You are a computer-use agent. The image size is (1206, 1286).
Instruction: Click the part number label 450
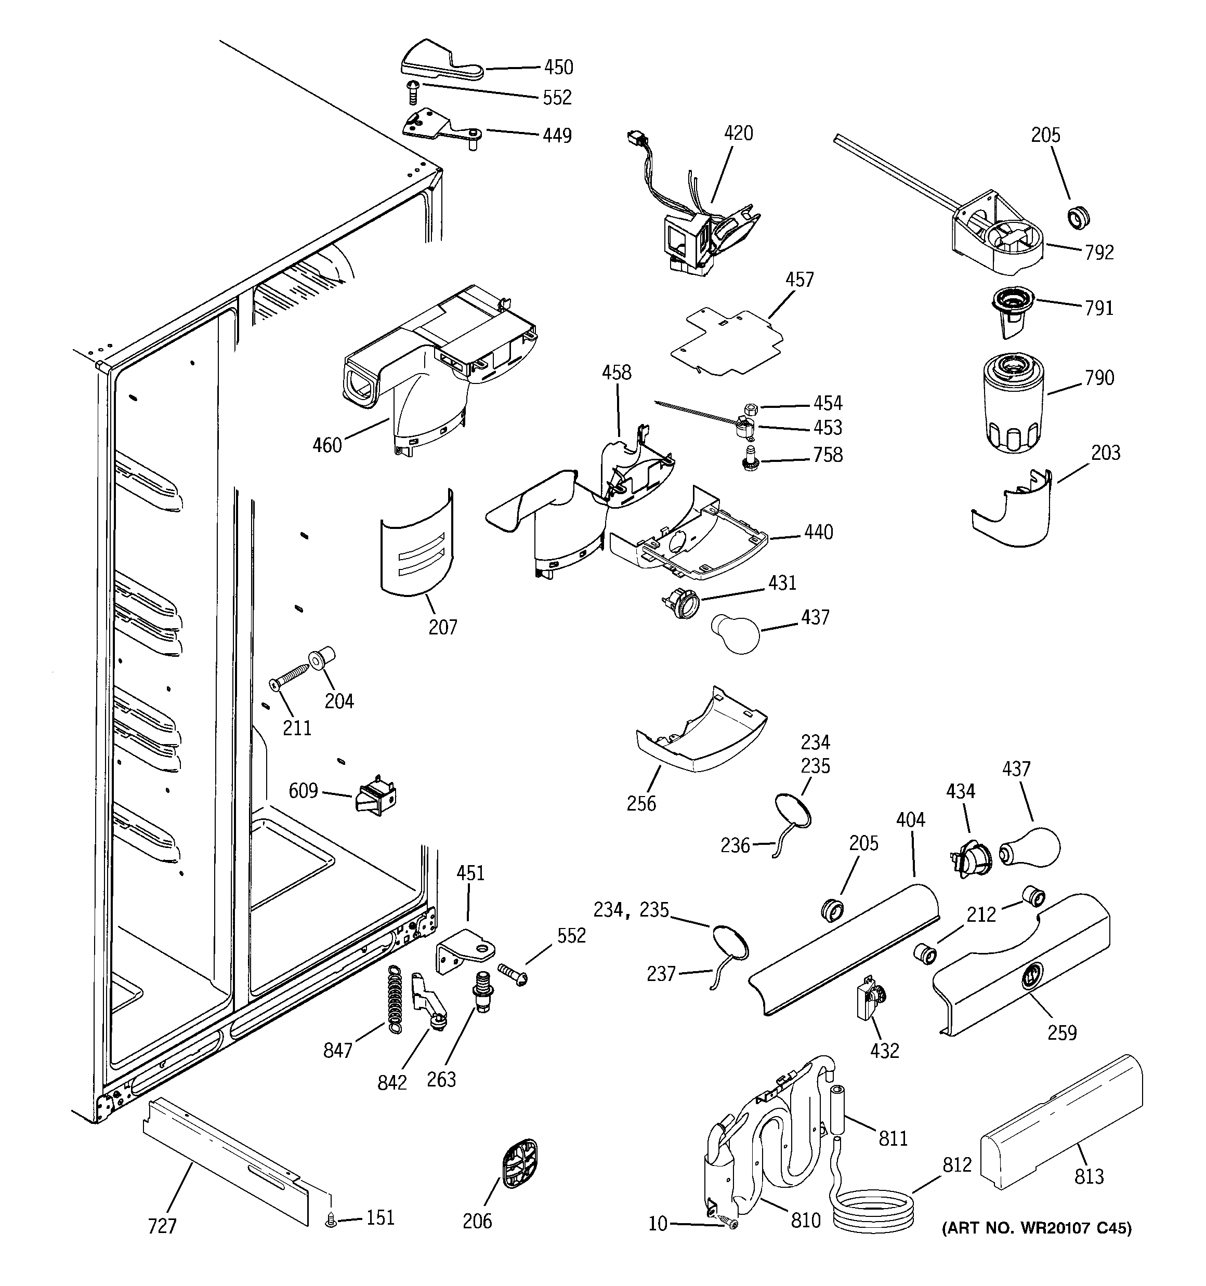pos(558,67)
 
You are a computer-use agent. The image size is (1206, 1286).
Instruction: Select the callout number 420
pos(738,133)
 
